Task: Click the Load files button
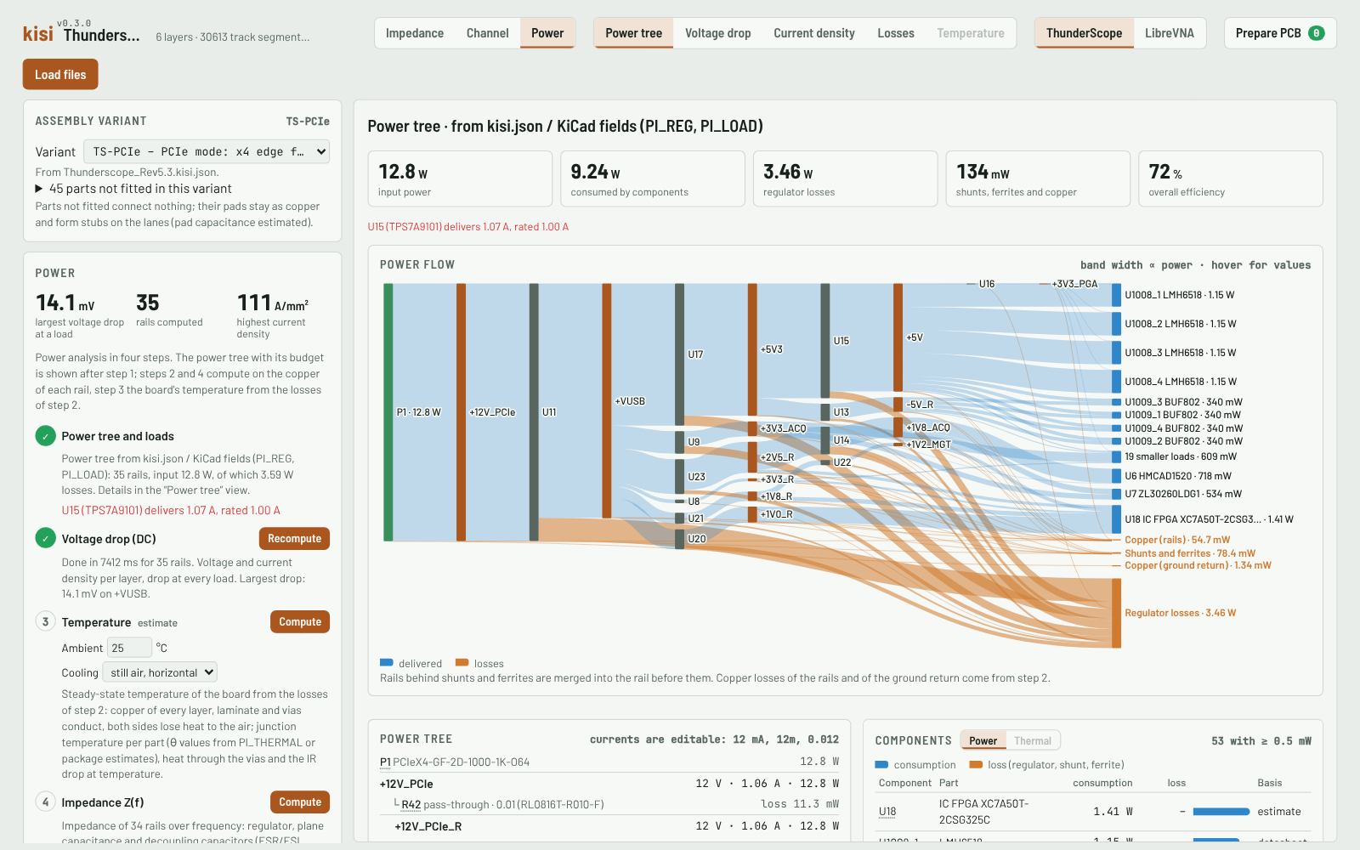click(x=60, y=74)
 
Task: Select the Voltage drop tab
click(x=717, y=33)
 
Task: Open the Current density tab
click(x=813, y=33)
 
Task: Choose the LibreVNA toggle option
click(x=1169, y=33)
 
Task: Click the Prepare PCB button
click(x=1280, y=33)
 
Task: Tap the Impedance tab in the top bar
click(x=415, y=33)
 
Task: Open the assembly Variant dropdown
click(x=207, y=151)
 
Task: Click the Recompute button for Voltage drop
click(x=294, y=539)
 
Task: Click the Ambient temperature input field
click(x=129, y=648)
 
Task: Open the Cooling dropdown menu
click(x=160, y=672)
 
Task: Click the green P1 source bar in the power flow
click(x=388, y=411)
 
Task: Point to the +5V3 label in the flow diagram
click(x=771, y=349)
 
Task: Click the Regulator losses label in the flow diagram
click(x=1180, y=613)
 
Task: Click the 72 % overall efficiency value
click(x=1165, y=172)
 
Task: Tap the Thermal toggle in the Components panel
click(x=1032, y=740)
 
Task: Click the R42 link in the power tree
click(x=411, y=804)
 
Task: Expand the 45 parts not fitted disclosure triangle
click(x=39, y=189)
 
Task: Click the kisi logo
click(x=37, y=34)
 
